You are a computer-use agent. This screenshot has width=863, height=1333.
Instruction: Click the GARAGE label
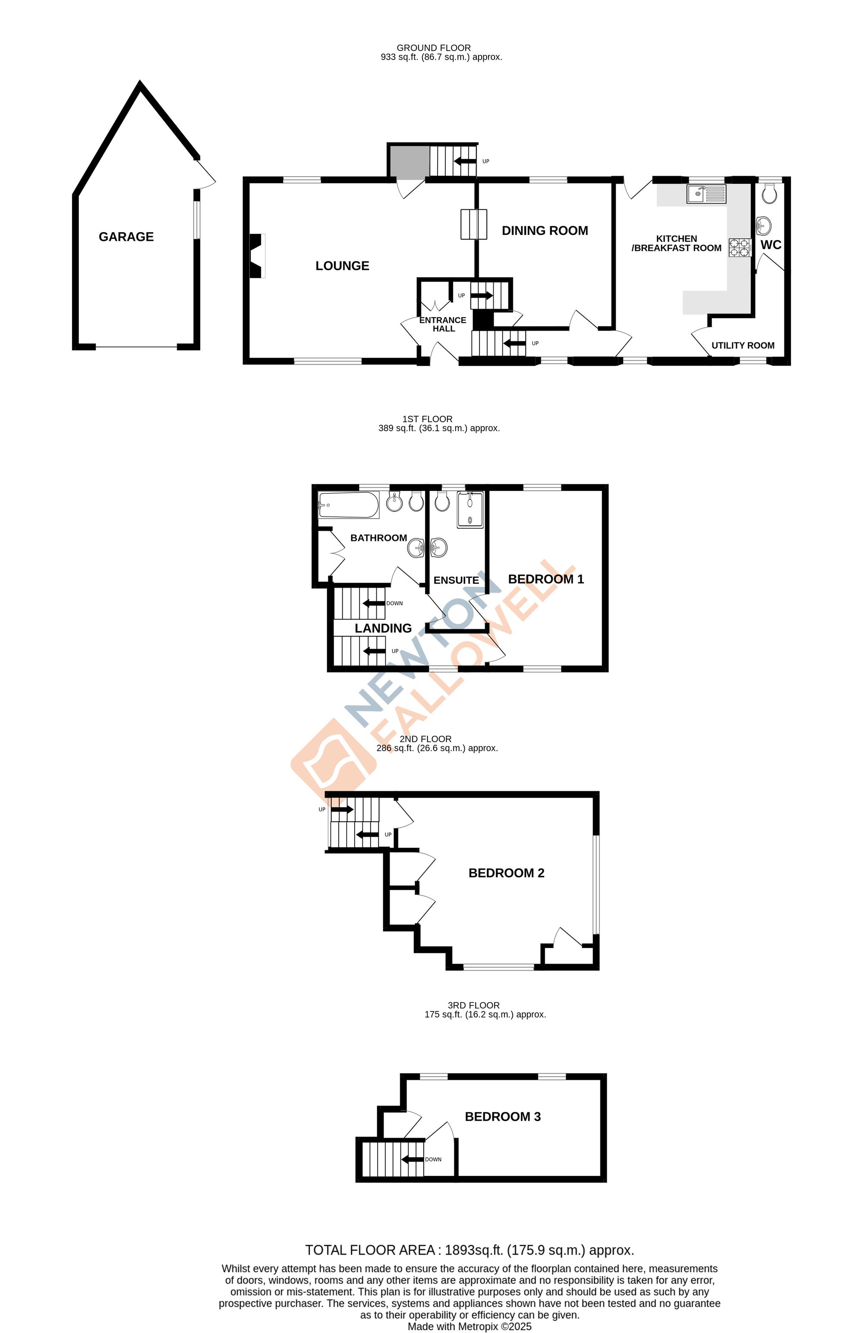pos(126,237)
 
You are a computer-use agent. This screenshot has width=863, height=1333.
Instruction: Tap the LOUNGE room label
pos(342,266)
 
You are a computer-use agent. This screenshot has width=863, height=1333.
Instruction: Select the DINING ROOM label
pos(545,231)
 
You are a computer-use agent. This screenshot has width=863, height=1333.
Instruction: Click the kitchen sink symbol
pos(706,194)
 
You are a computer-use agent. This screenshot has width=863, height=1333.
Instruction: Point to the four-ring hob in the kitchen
pos(739,247)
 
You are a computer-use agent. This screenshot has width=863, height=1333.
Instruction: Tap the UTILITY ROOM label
pos(743,346)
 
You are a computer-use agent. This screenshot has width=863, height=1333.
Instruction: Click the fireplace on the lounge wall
pos(256,256)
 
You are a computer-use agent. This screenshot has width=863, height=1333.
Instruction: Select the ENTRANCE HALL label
pos(443,324)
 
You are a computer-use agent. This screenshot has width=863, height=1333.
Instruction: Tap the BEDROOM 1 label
pos(545,579)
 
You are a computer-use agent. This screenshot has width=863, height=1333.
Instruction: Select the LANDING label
pos(383,629)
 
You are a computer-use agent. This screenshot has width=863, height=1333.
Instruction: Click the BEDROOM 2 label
pos(506,872)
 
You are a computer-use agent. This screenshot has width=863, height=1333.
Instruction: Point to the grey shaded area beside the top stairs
pos(409,162)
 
